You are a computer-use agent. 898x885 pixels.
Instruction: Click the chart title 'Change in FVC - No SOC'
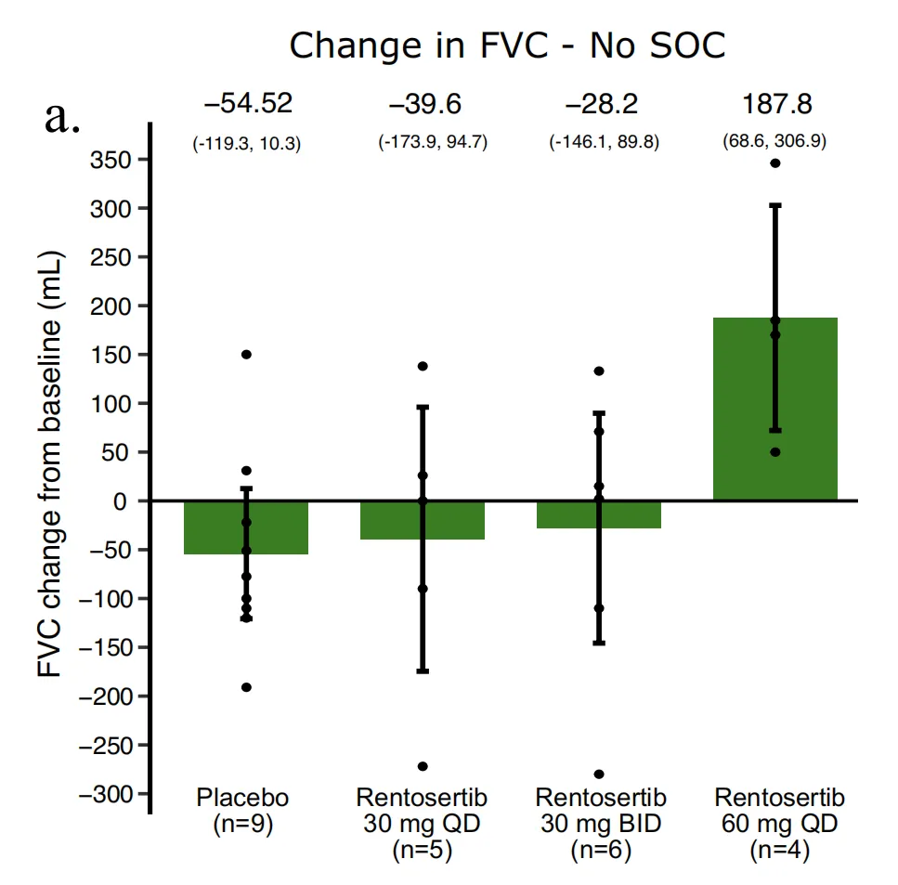(x=507, y=46)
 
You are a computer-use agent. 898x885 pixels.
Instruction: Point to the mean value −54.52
(x=246, y=103)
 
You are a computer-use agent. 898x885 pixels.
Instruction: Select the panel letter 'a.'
(x=62, y=118)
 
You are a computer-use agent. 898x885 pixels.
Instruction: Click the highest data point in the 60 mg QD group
(x=775, y=163)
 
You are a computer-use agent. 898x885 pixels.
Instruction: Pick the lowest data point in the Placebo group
(x=246, y=687)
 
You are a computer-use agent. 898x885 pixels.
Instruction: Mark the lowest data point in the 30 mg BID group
(x=599, y=774)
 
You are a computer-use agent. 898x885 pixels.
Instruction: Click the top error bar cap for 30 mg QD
(x=423, y=407)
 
